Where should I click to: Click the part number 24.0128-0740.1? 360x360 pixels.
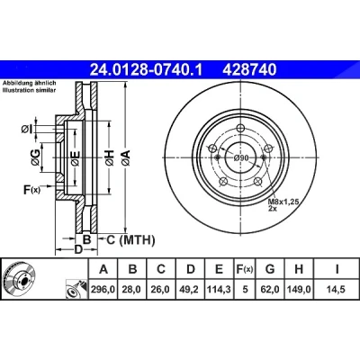(x=147, y=69)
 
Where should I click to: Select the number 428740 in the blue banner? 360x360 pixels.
(x=249, y=69)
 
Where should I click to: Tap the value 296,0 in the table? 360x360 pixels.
(x=103, y=290)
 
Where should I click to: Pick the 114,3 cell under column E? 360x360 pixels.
(x=219, y=290)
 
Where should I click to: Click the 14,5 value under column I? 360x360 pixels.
(x=337, y=290)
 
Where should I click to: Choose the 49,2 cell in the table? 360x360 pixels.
(x=191, y=290)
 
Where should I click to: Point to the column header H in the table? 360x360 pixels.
(x=299, y=269)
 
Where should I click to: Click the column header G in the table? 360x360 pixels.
(x=270, y=269)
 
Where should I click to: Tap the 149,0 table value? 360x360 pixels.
(x=299, y=290)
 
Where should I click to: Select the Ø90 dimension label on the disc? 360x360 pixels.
(x=241, y=157)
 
